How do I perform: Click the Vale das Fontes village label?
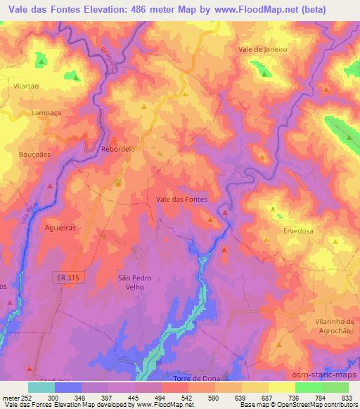point(181,200)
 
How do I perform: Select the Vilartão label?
point(25,85)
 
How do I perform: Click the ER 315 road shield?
point(70,278)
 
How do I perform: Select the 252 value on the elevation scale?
point(27,398)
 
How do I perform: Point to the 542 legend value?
point(187,398)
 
